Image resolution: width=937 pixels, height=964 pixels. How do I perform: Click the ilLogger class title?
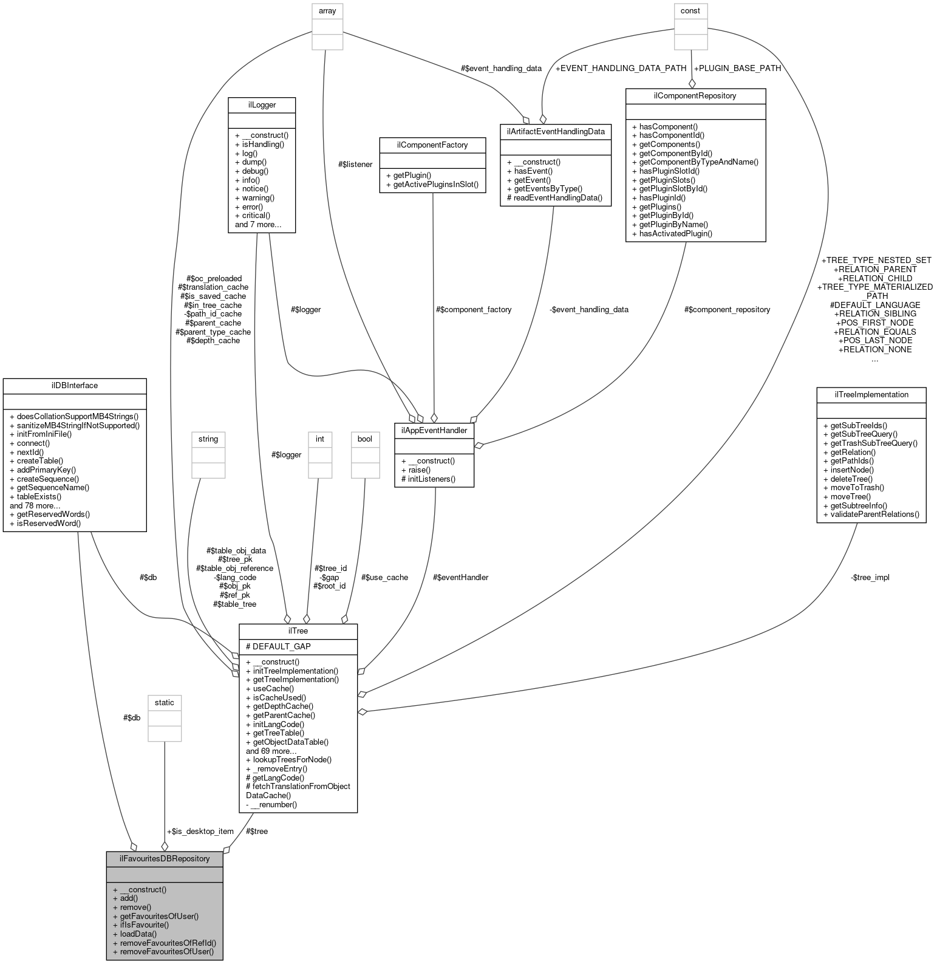point(262,104)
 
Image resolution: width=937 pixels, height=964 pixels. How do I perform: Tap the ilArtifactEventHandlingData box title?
point(555,131)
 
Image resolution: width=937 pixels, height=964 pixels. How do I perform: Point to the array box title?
point(327,11)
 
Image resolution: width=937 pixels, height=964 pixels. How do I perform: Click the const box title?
point(690,11)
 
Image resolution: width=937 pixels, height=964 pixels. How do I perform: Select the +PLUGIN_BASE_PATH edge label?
point(737,68)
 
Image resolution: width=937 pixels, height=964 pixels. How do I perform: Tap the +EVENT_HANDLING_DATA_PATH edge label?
point(621,68)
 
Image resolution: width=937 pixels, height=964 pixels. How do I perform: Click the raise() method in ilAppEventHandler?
point(419,470)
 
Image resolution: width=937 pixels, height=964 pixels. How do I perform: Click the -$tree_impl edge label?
point(870,577)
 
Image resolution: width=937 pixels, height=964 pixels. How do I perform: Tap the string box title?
point(208,439)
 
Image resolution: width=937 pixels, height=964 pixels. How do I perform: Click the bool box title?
point(364,439)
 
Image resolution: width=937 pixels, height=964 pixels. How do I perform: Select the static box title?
point(165,702)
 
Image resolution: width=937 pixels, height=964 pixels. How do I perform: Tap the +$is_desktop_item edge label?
point(200,831)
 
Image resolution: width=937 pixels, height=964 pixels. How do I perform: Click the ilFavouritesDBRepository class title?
point(165,858)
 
